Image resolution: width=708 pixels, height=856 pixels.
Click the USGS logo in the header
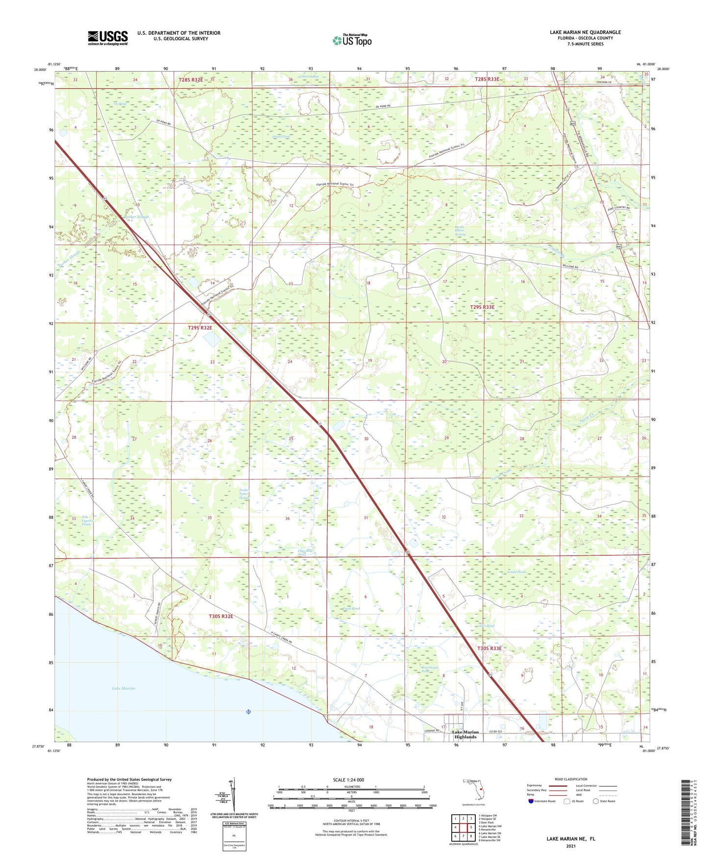point(108,37)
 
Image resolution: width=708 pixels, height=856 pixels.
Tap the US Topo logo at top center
point(352,40)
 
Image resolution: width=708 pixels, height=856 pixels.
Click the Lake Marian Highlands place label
point(465,734)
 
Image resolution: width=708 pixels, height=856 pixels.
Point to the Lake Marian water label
point(123,688)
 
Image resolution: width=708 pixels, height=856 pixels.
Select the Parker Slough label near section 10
point(136,216)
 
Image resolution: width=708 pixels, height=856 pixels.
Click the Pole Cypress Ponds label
point(86,521)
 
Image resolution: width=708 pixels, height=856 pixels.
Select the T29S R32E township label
point(200,327)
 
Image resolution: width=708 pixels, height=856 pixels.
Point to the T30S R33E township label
point(489,648)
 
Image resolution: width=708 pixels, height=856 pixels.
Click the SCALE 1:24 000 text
point(348,780)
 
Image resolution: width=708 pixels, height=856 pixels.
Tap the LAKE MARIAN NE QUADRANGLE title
point(585,32)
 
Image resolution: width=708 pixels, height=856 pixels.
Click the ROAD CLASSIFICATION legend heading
point(571,779)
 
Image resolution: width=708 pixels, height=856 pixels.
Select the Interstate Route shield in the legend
point(531,801)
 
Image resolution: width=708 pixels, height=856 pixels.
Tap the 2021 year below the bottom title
point(571,846)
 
